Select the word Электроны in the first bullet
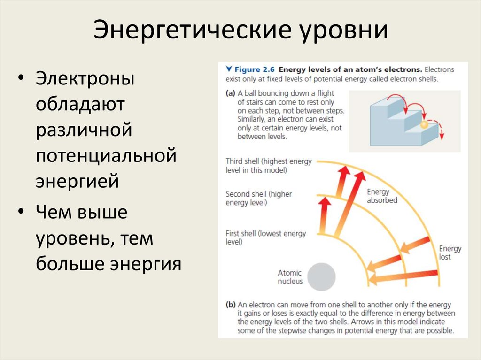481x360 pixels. [85, 78]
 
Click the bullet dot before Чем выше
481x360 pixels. [22, 213]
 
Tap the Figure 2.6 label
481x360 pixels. [257, 69]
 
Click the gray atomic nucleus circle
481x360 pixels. [321, 277]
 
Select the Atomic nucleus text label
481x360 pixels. [290, 277]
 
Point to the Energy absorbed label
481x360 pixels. [381, 196]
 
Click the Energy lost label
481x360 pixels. [450, 253]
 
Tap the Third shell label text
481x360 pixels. [268, 165]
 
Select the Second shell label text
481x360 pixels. [258, 198]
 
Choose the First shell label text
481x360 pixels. [265, 237]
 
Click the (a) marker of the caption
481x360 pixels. [230, 93]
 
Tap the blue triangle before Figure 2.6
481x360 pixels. [229, 69]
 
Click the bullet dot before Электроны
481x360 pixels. [22, 78]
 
